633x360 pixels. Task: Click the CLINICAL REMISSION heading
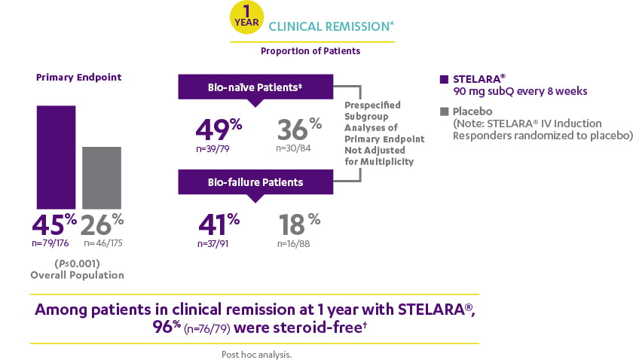click(x=331, y=26)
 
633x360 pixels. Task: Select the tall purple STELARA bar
click(x=56, y=157)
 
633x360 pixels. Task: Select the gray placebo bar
click(x=101, y=177)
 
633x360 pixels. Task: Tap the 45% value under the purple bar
click(x=55, y=225)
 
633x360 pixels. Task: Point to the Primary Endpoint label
click(x=79, y=77)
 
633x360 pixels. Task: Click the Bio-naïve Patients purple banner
click(x=255, y=87)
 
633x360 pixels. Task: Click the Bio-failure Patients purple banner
click(x=255, y=182)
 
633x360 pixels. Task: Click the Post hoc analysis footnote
click(x=256, y=353)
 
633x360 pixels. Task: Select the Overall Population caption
click(x=77, y=275)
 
